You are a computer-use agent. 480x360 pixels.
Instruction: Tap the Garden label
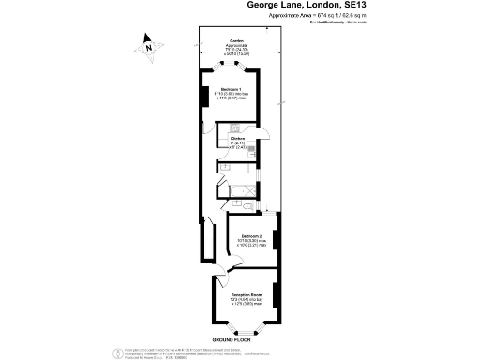coord(238,41)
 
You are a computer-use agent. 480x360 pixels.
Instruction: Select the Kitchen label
coord(237,139)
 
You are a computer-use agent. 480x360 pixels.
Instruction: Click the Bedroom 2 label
coord(251,235)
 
